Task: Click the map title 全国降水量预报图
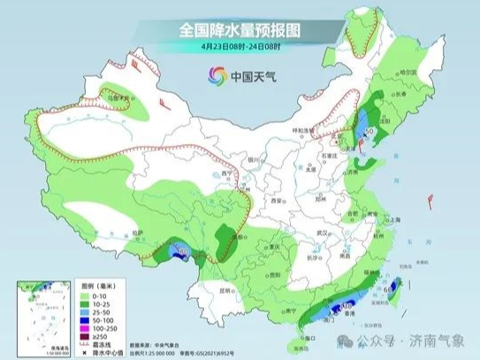[x=240, y=29]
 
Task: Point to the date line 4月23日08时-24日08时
[x=240, y=47]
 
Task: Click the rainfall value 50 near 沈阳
[x=370, y=132]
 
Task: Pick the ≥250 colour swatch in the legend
[x=61, y=340]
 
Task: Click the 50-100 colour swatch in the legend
[x=61, y=318]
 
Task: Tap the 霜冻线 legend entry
[x=77, y=348]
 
